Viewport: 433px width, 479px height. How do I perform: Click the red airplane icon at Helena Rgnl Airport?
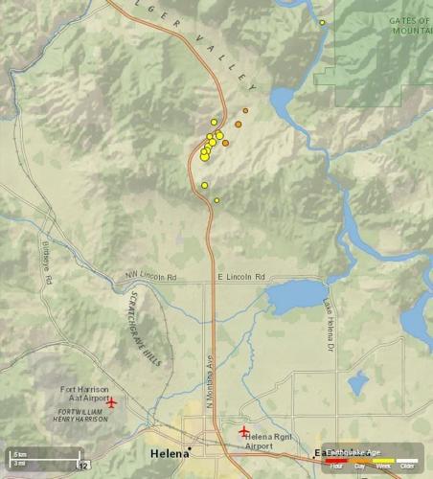click(244, 430)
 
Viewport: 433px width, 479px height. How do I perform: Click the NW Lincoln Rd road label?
click(151, 278)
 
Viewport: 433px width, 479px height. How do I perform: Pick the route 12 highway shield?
click(84, 466)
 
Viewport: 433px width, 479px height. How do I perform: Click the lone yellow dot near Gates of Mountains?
click(322, 22)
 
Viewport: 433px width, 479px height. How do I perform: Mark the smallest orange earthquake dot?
click(245, 111)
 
